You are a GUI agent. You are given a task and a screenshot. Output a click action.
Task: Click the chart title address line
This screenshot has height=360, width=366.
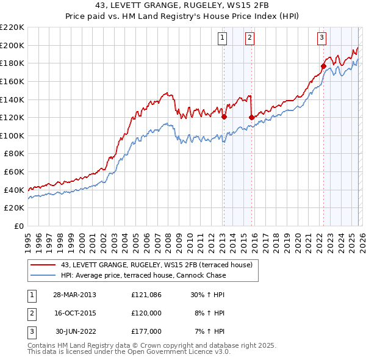point(182,7)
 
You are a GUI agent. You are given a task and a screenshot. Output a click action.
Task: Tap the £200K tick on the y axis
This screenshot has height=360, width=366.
point(12,45)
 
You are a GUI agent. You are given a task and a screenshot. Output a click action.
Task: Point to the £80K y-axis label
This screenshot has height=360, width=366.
point(13,154)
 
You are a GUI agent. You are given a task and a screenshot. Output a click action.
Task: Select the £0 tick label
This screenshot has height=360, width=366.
point(20,226)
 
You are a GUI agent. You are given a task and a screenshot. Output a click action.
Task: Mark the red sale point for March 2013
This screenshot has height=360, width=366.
point(224,117)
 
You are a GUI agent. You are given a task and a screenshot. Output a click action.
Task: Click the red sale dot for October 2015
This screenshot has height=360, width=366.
point(251,117)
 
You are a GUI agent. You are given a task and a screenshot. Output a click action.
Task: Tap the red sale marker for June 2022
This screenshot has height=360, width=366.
point(323,66)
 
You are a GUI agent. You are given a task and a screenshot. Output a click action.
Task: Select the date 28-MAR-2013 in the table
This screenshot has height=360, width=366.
point(74,295)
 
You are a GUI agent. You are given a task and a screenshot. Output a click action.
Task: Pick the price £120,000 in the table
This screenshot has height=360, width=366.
point(146,313)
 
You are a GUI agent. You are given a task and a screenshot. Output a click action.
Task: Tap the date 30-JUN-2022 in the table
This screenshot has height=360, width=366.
point(74,331)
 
